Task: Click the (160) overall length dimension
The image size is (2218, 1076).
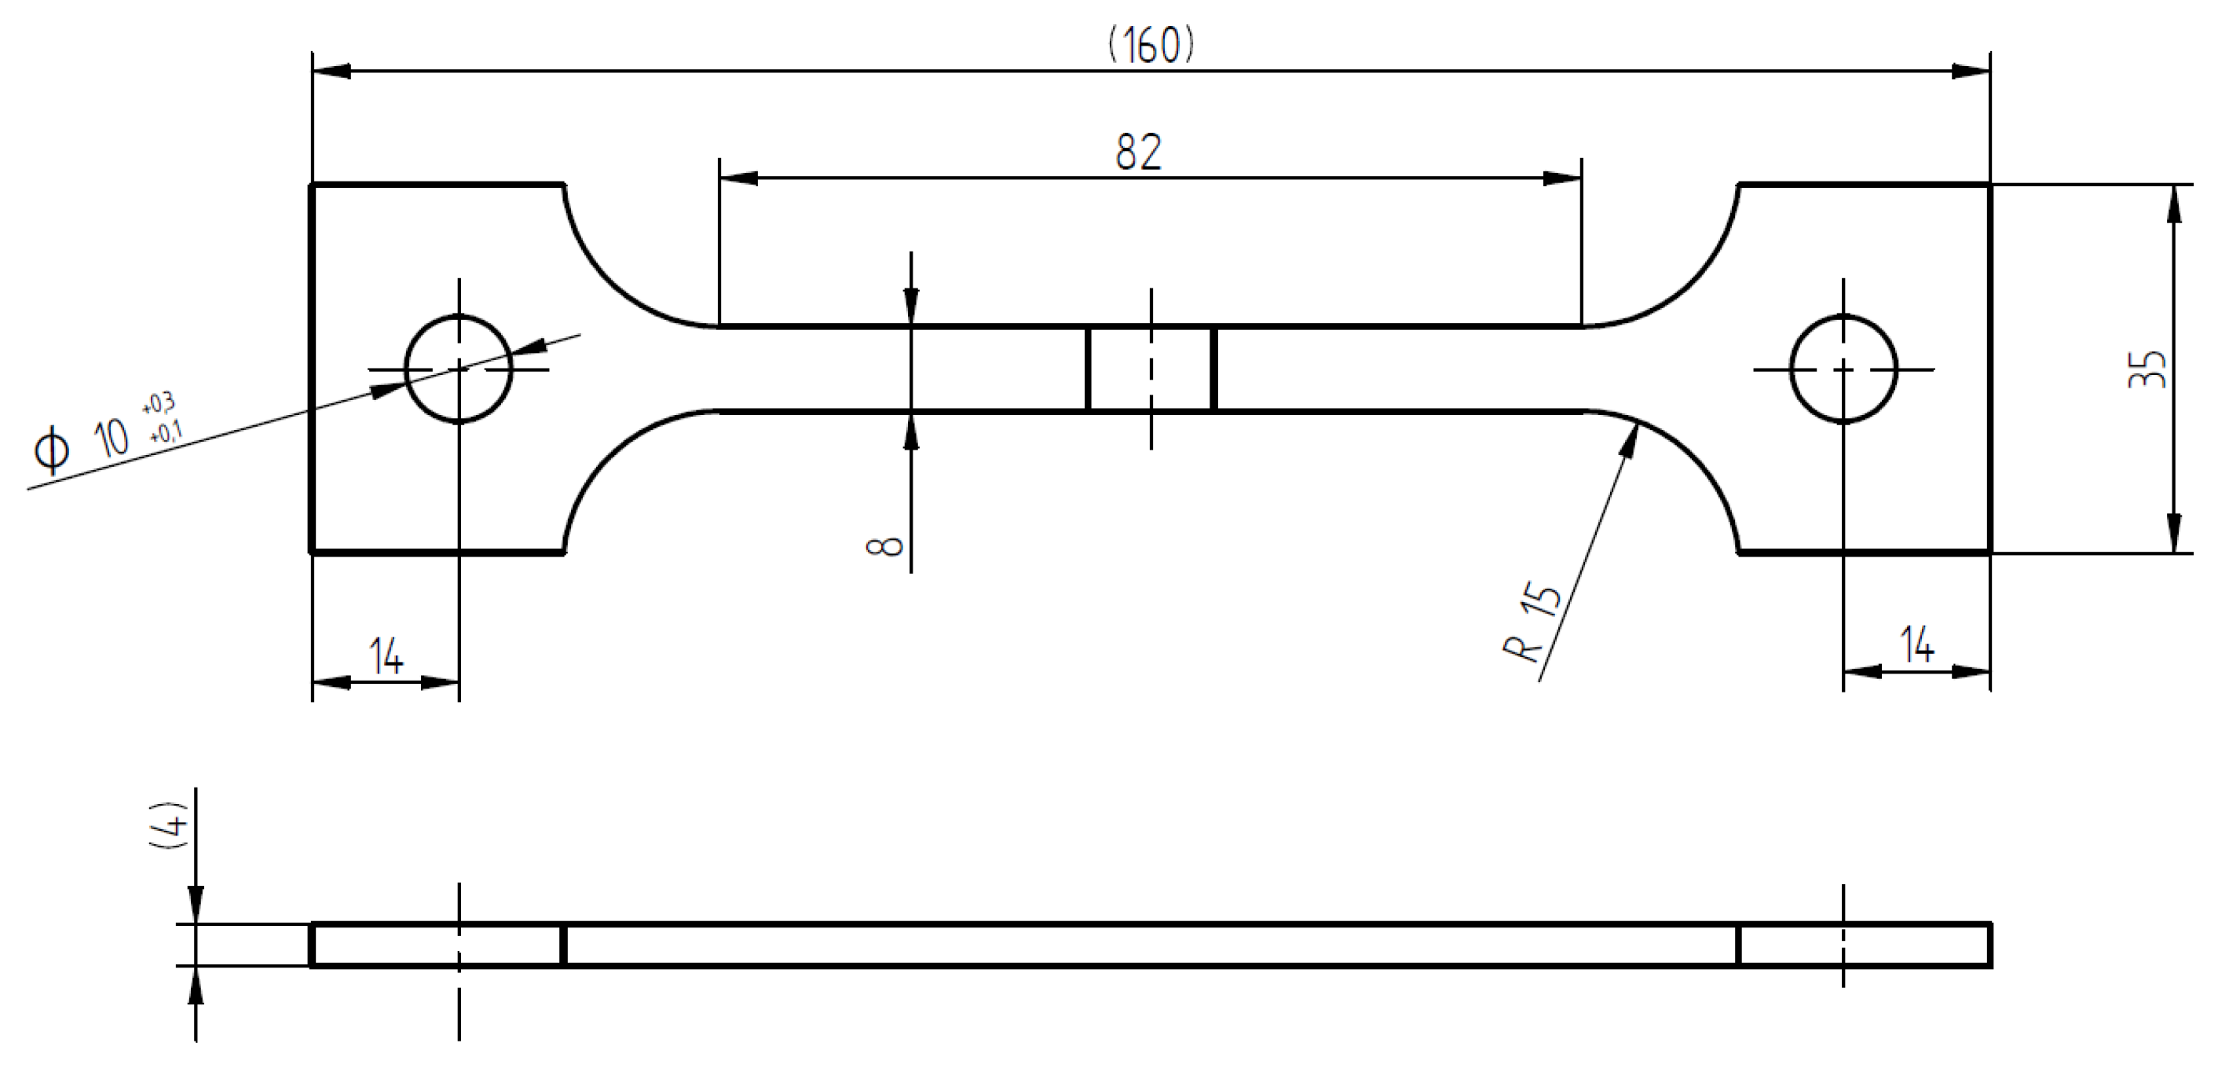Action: pyautogui.click(x=1151, y=45)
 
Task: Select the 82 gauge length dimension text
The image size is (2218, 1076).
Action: pyautogui.click(x=1138, y=152)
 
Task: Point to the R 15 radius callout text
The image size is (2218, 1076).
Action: pyautogui.click(x=1533, y=624)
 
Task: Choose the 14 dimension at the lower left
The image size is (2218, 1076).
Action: pyautogui.click(x=386, y=657)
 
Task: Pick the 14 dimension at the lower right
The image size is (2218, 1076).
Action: pyautogui.click(x=1917, y=646)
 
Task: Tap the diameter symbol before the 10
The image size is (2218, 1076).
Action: pyautogui.click(x=52, y=450)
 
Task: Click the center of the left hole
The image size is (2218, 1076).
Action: pyautogui.click(x=459, y=369)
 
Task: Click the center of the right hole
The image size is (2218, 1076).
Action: pyautogui.click(x=1843, y=369)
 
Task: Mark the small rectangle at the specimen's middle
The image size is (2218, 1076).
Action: pyautogui.click(x=1151, y=369)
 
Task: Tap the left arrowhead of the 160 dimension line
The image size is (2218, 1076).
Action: pyautogui.click(x=332, y=72)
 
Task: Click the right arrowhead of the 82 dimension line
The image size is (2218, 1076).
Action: pyautogui.click(x=1562, y=178)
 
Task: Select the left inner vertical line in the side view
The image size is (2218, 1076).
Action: pyautogui.click(x=563, y=944)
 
